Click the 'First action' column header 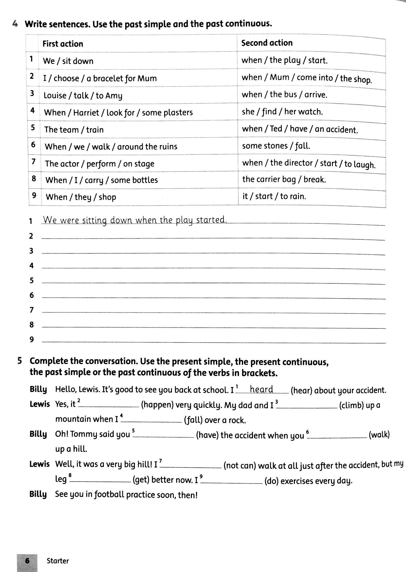pyautogui.click(x=63, y=44)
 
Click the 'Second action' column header pyautogui.click(x=267, y=43)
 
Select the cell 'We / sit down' pyautogui.click(x=68, y=61)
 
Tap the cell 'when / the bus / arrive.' pyautogui.click(x=284, y=95)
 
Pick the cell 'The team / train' pyautogui.click(x=74, y=130)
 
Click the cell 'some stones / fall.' pyautogui.click(x=276, y=146)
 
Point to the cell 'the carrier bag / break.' pyautogui.click(x=284, y=179)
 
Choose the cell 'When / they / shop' pyautogui.click(x=81, y=197)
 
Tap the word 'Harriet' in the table pyautogui.click(x=86, y=113)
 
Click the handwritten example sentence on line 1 pyautogui.click(x=135, y=220)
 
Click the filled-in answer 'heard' pyautogui.click(x=262, y=389)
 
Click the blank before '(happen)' pyautogui.click(x=109, y=405)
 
